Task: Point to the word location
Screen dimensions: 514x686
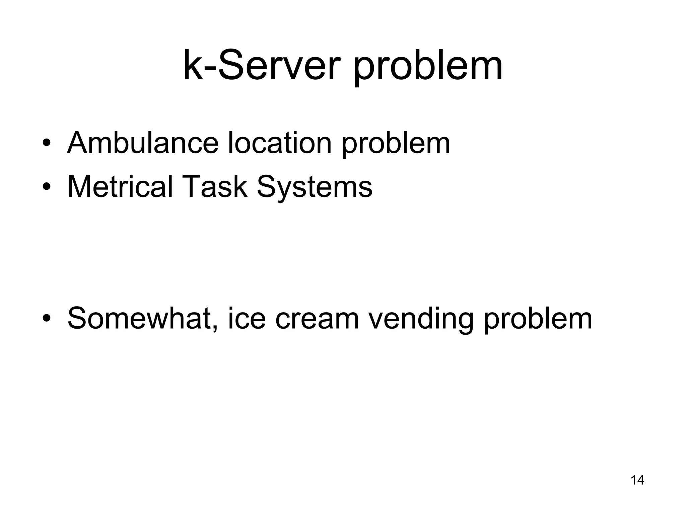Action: [x=279, y=143]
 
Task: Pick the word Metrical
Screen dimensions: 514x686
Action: [x=120, y=186]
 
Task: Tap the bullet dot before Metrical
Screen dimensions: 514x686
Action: [x=47, y=187]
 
